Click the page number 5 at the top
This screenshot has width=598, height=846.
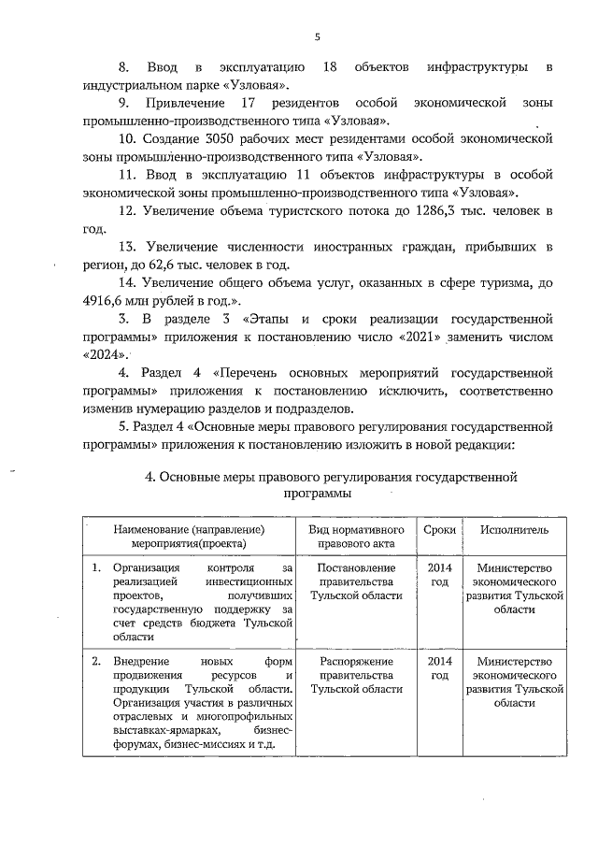pos(317,36)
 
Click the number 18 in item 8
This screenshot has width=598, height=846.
pos(328,68)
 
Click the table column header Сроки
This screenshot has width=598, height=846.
pos(439,530)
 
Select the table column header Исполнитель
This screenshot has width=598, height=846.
pos(514,530)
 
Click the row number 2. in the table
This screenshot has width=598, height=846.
pos(95,662)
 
